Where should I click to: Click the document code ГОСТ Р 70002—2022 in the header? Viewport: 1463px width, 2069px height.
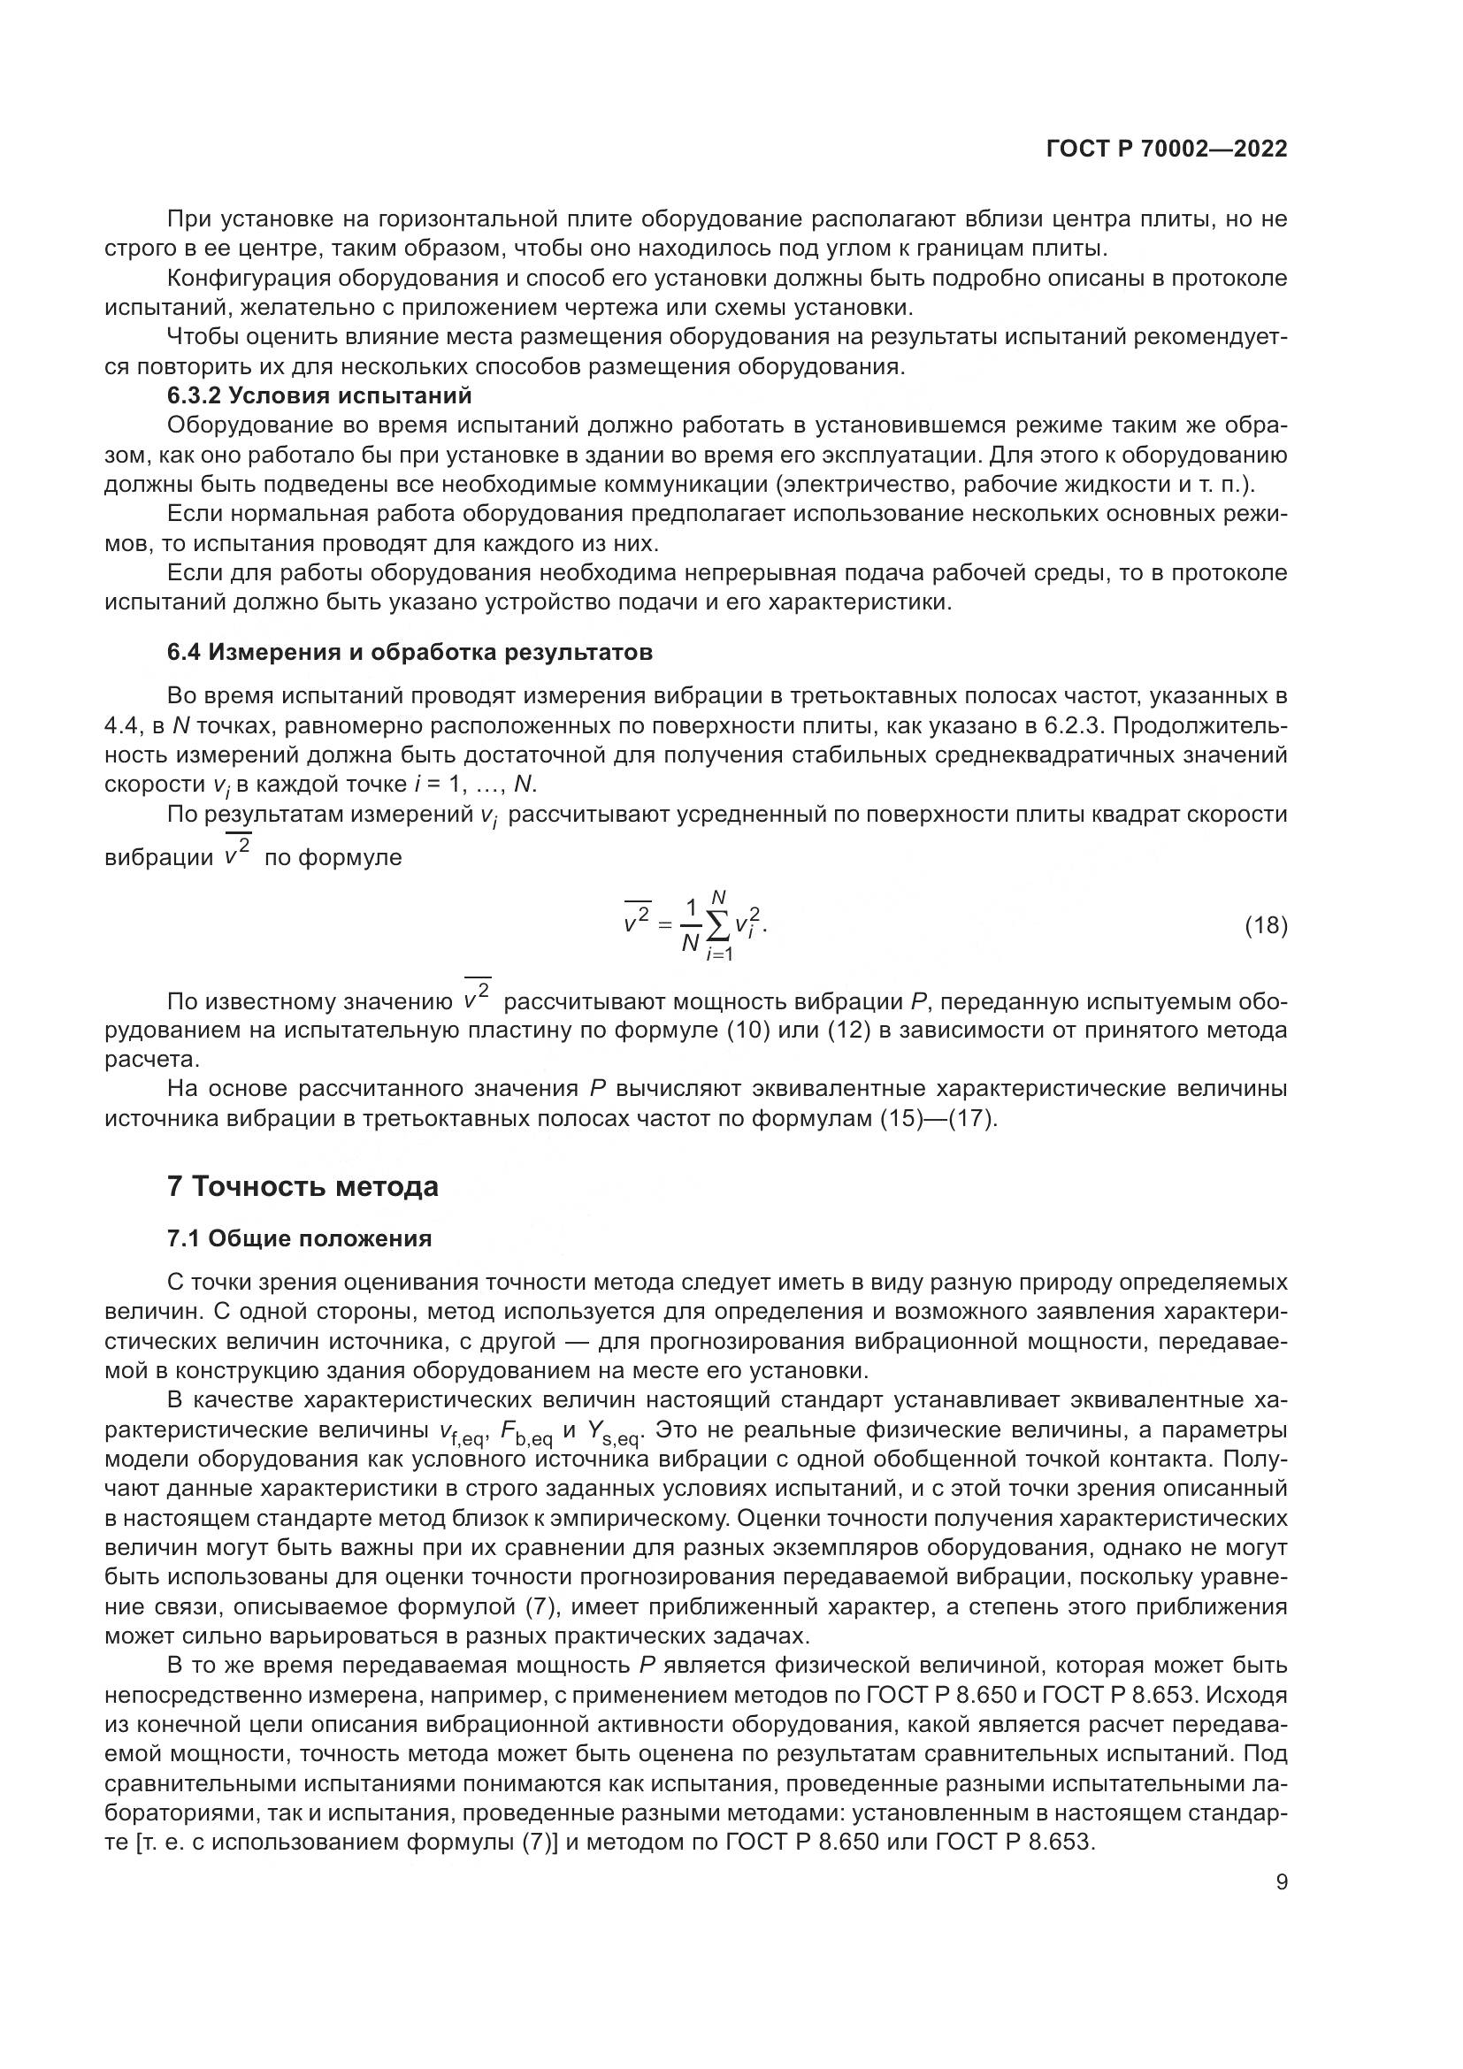point(1167,149)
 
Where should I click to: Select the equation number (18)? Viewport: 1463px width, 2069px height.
point(1265,925)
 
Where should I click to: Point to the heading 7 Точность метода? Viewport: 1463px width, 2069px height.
point(303,1187)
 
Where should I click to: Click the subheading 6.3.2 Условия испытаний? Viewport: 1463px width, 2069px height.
point(320,395)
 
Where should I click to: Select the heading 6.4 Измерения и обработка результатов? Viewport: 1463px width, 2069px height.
point(410,653)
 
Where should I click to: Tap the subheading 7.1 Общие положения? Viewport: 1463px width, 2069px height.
point(300,1239)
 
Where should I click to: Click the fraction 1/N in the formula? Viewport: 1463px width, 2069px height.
point(691,925)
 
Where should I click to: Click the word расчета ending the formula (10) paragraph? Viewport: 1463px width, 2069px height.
point(140,1060)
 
